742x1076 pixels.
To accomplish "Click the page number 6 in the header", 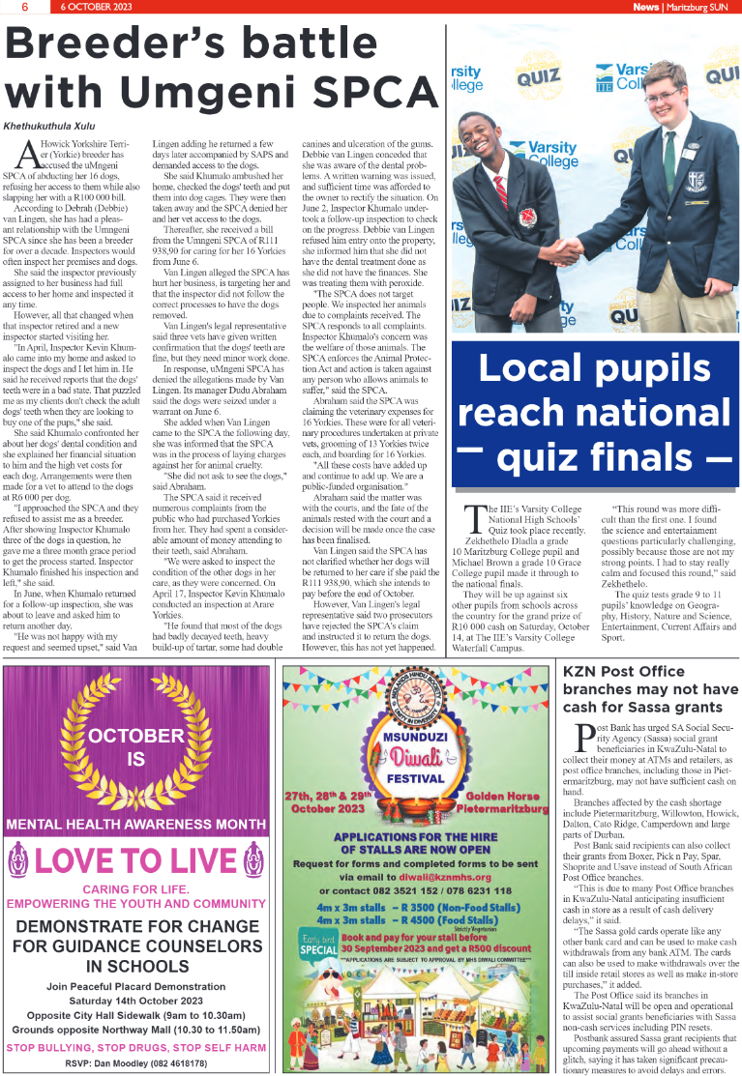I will point(24,7).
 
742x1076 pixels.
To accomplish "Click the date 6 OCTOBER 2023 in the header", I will point(97,7).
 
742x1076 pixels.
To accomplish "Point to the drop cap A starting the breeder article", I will point(28,153).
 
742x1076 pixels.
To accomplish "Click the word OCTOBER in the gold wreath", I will point(136,736).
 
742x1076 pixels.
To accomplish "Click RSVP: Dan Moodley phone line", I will point(135,1063).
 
